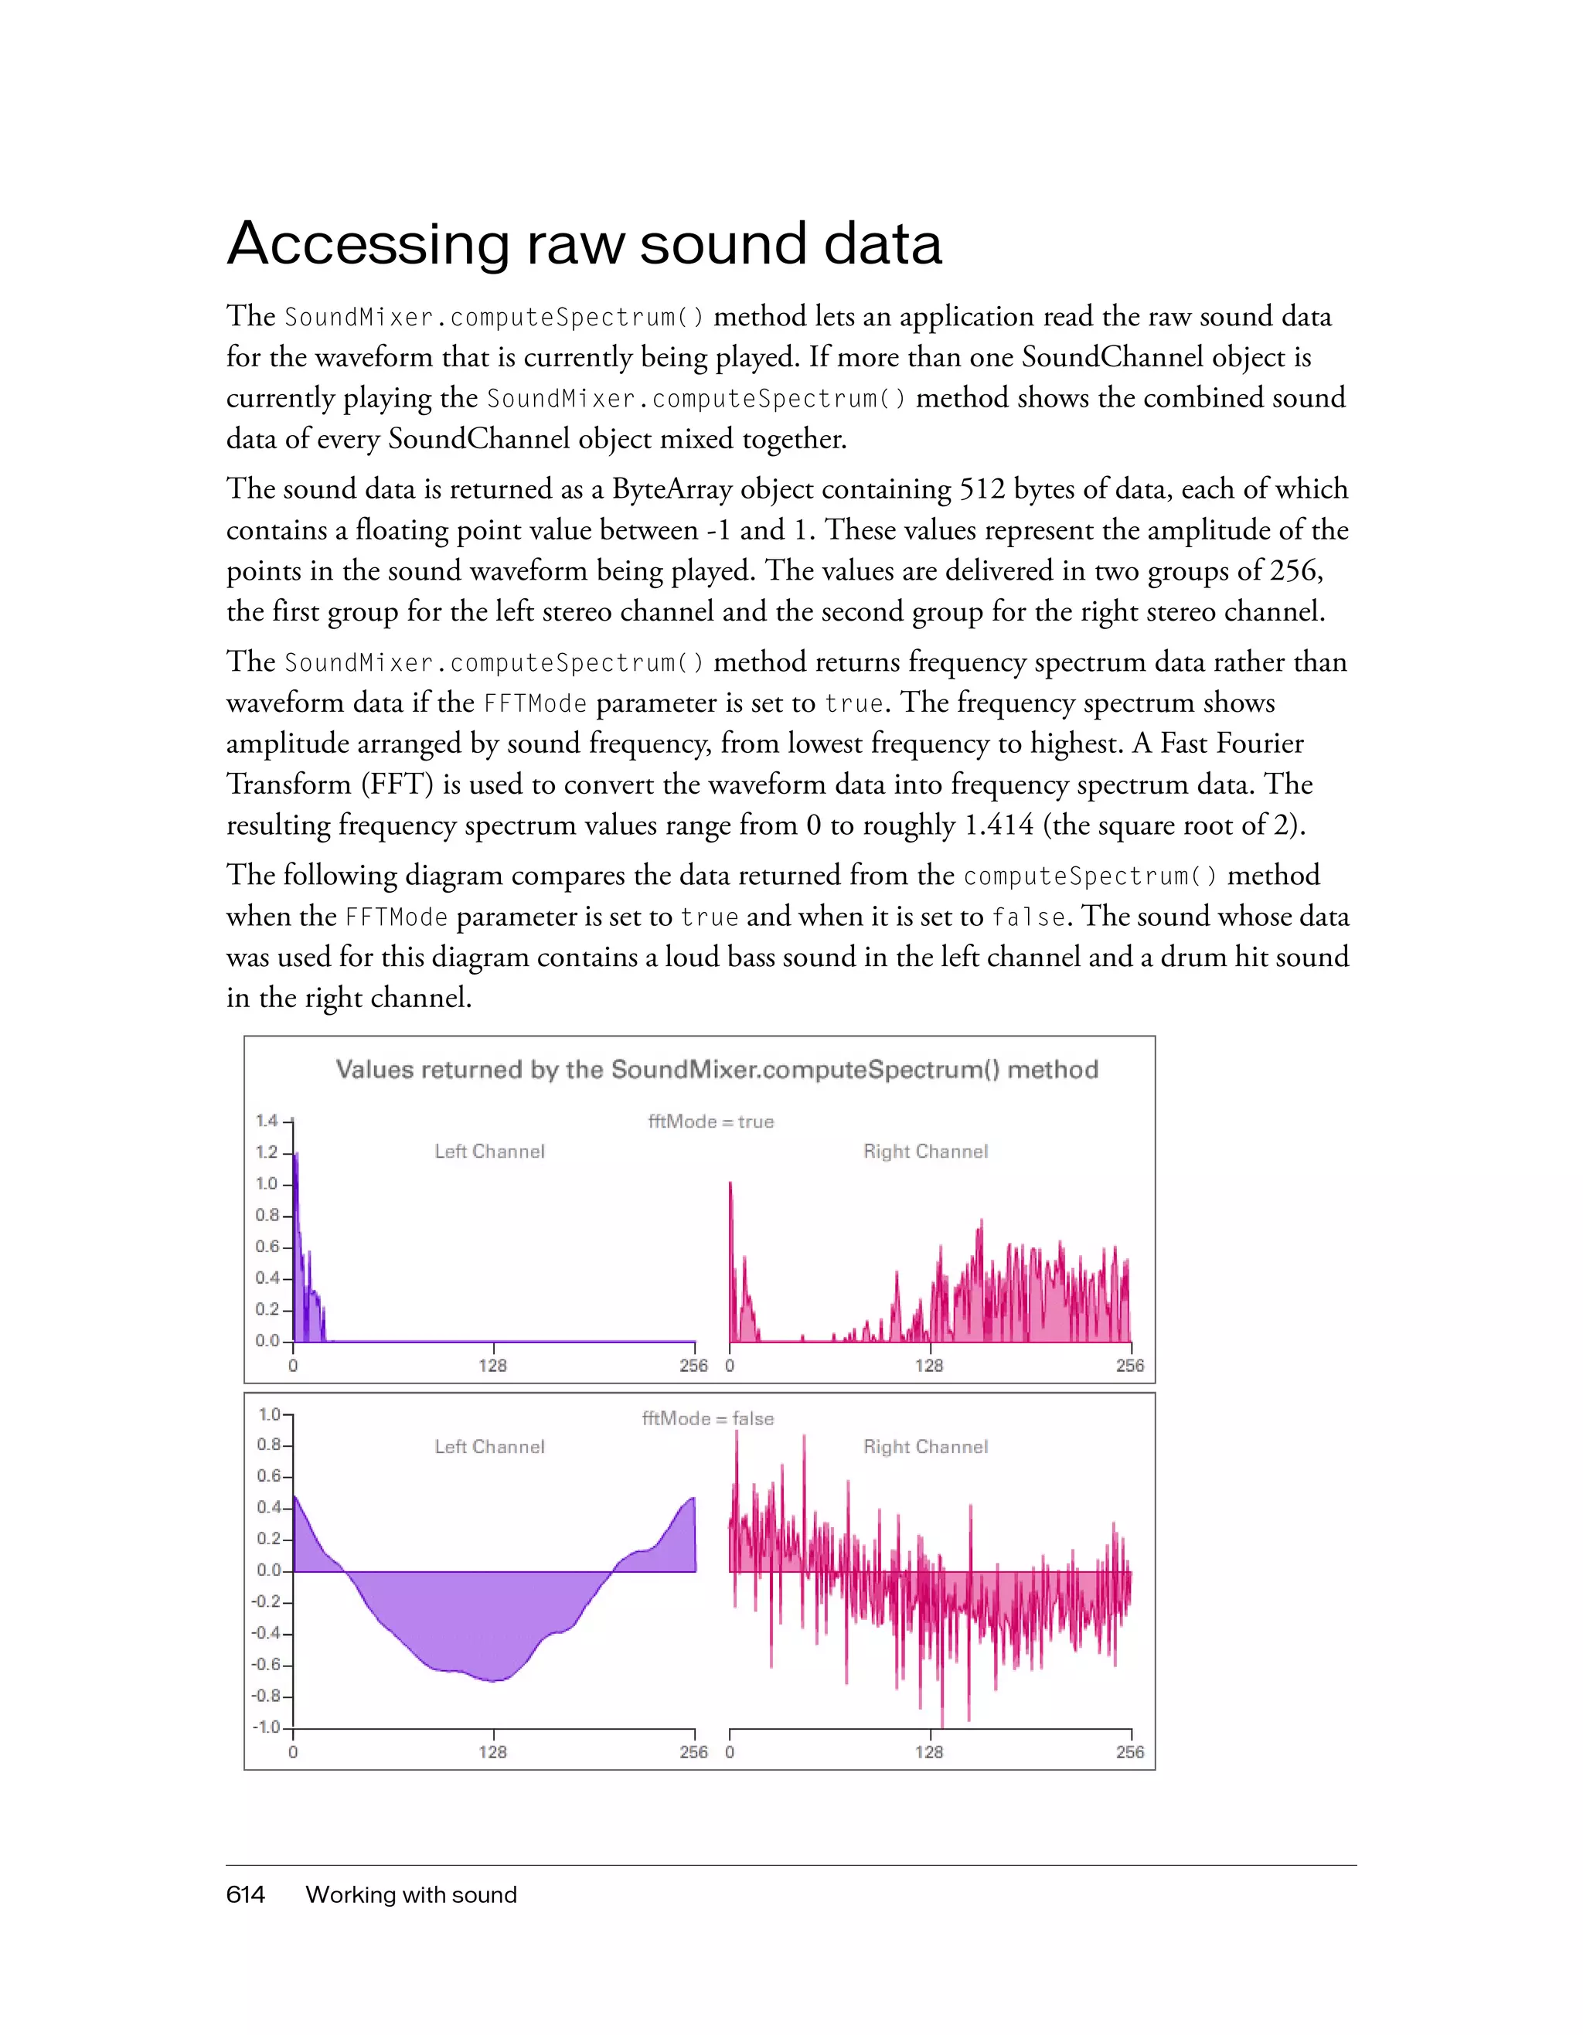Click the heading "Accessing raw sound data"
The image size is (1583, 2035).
click(x=584, y=244)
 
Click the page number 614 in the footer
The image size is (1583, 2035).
click(x=245, y=1894)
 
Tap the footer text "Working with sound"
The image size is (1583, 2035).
click(x=411, y=1894)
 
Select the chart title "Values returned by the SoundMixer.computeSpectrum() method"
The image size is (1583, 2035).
click(x=717, y=1069)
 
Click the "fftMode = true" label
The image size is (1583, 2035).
click(x=711, y=1122)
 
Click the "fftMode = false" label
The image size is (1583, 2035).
click(x=708, y=1418)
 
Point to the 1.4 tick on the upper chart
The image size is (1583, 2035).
click(x=267, y=1120)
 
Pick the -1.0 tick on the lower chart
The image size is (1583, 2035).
click(x=267, y=1727)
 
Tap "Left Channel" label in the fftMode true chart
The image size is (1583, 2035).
click(x=489, y=1152)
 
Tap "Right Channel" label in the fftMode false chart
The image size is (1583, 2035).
click(x=925, y=1447)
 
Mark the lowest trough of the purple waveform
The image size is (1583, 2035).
click(x=495, y=1680)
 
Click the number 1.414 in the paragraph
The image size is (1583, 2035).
click(x=999, y=825)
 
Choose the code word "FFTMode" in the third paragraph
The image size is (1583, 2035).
click(x=535, y=703)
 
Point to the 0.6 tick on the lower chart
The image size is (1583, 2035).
click(x=268, y=1476)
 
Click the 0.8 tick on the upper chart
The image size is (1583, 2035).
click(x=267, y=1215)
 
